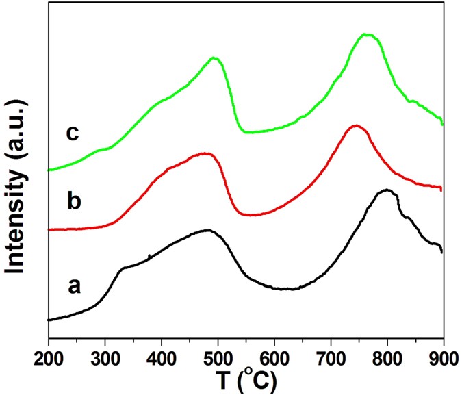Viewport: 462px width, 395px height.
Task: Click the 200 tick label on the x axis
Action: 49,355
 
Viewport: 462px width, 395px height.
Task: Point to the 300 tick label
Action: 105,355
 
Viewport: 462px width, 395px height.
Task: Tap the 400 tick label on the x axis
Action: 162,355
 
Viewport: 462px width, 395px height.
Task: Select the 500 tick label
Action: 218,355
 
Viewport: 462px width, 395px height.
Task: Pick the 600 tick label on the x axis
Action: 274,355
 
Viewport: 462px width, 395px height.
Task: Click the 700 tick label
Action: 331,355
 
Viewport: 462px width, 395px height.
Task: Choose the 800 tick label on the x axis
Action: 387,355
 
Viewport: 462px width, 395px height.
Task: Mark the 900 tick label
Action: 442,355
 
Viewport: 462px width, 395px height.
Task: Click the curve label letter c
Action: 73,132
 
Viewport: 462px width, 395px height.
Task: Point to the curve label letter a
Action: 73,285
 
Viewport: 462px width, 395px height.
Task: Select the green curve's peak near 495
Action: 215,58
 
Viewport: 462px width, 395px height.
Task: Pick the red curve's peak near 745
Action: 355,125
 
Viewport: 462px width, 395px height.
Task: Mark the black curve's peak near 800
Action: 387,190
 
